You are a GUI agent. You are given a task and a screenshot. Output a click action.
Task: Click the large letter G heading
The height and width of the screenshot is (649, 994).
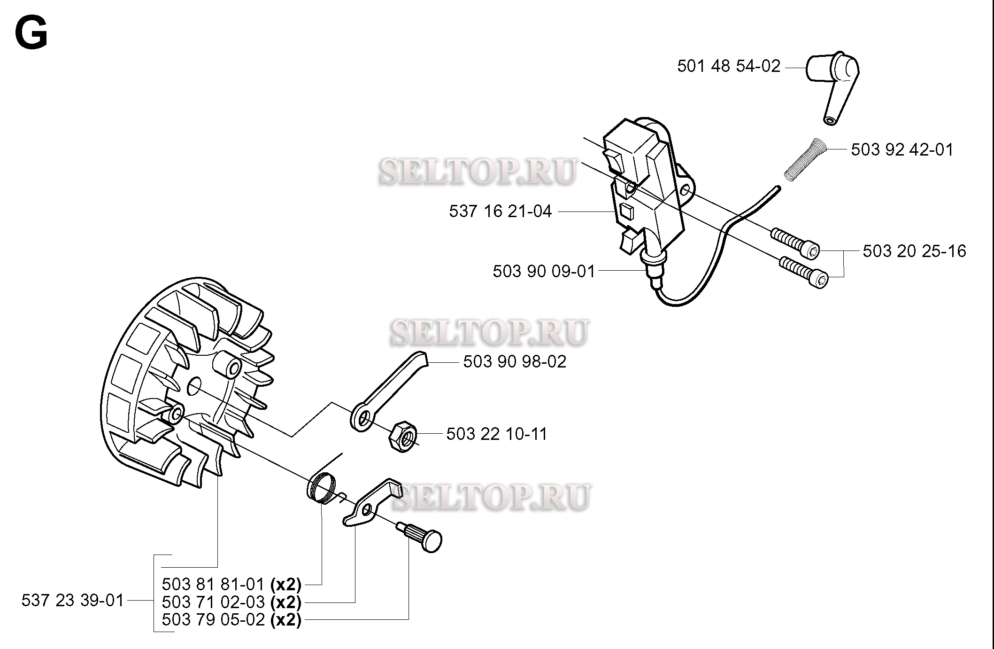tap(31, 33)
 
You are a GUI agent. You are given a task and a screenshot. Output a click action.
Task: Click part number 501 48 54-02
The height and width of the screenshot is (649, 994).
tap(729, 66)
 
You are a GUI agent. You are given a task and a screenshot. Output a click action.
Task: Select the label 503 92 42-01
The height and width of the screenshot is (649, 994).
tap(902, 150)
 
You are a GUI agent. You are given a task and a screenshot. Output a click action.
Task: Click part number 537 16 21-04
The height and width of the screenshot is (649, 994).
tap(501, 211)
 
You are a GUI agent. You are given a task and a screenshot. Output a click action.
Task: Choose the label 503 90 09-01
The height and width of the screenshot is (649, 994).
tap(544, 272)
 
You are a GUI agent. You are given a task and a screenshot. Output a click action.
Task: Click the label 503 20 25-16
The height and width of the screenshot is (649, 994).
tap(915, 251)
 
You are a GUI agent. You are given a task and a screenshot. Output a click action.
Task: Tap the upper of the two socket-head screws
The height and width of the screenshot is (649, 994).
tap(795, 243)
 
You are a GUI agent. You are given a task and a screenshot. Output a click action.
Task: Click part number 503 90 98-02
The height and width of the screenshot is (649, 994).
tap(515, 362)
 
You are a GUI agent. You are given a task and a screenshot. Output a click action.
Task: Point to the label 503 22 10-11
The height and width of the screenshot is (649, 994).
tap(497, 434)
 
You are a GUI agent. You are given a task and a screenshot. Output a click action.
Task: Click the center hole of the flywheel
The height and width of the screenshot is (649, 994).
tap(194, 387)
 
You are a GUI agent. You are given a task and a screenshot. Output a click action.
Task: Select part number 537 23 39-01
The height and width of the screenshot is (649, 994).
tap(73, 601)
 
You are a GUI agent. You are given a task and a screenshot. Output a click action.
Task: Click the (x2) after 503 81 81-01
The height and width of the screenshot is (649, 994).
tap(285, 584)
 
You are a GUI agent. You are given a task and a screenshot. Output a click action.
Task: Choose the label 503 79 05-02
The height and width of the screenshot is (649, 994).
tap(214, 620)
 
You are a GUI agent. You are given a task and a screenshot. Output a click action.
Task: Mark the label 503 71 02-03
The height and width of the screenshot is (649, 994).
tap(214, 602)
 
